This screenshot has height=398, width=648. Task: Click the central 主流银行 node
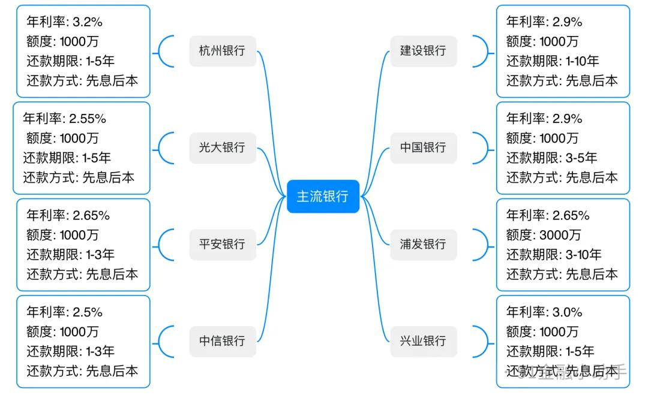[323, 196]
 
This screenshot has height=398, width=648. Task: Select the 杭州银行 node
[223, 51]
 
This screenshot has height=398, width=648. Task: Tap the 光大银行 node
[223, 147]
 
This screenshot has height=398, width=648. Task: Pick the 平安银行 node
[223, 244]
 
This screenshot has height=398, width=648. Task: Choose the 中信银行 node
[223, 341]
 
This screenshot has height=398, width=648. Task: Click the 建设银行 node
[423, 51]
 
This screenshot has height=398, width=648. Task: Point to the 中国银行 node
[423, 147]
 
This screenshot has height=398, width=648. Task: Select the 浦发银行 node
[423, 244]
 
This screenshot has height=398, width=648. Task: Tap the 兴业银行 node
[423, 341]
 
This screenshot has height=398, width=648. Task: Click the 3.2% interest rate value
[88, 22]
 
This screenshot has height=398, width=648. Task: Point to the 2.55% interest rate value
[88, 119]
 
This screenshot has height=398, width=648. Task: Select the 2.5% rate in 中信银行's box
[88, 312]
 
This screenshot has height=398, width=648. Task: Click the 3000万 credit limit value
[560, 235]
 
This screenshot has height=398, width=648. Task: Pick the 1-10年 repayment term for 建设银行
[582, 61]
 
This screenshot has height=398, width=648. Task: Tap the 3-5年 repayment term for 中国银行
[581, 158]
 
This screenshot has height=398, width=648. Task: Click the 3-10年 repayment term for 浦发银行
[583, 254]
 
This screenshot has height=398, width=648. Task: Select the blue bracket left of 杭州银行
[164, 51]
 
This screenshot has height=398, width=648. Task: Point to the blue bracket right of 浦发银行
[481, 244]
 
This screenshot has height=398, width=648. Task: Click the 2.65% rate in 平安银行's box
[91, 216]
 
